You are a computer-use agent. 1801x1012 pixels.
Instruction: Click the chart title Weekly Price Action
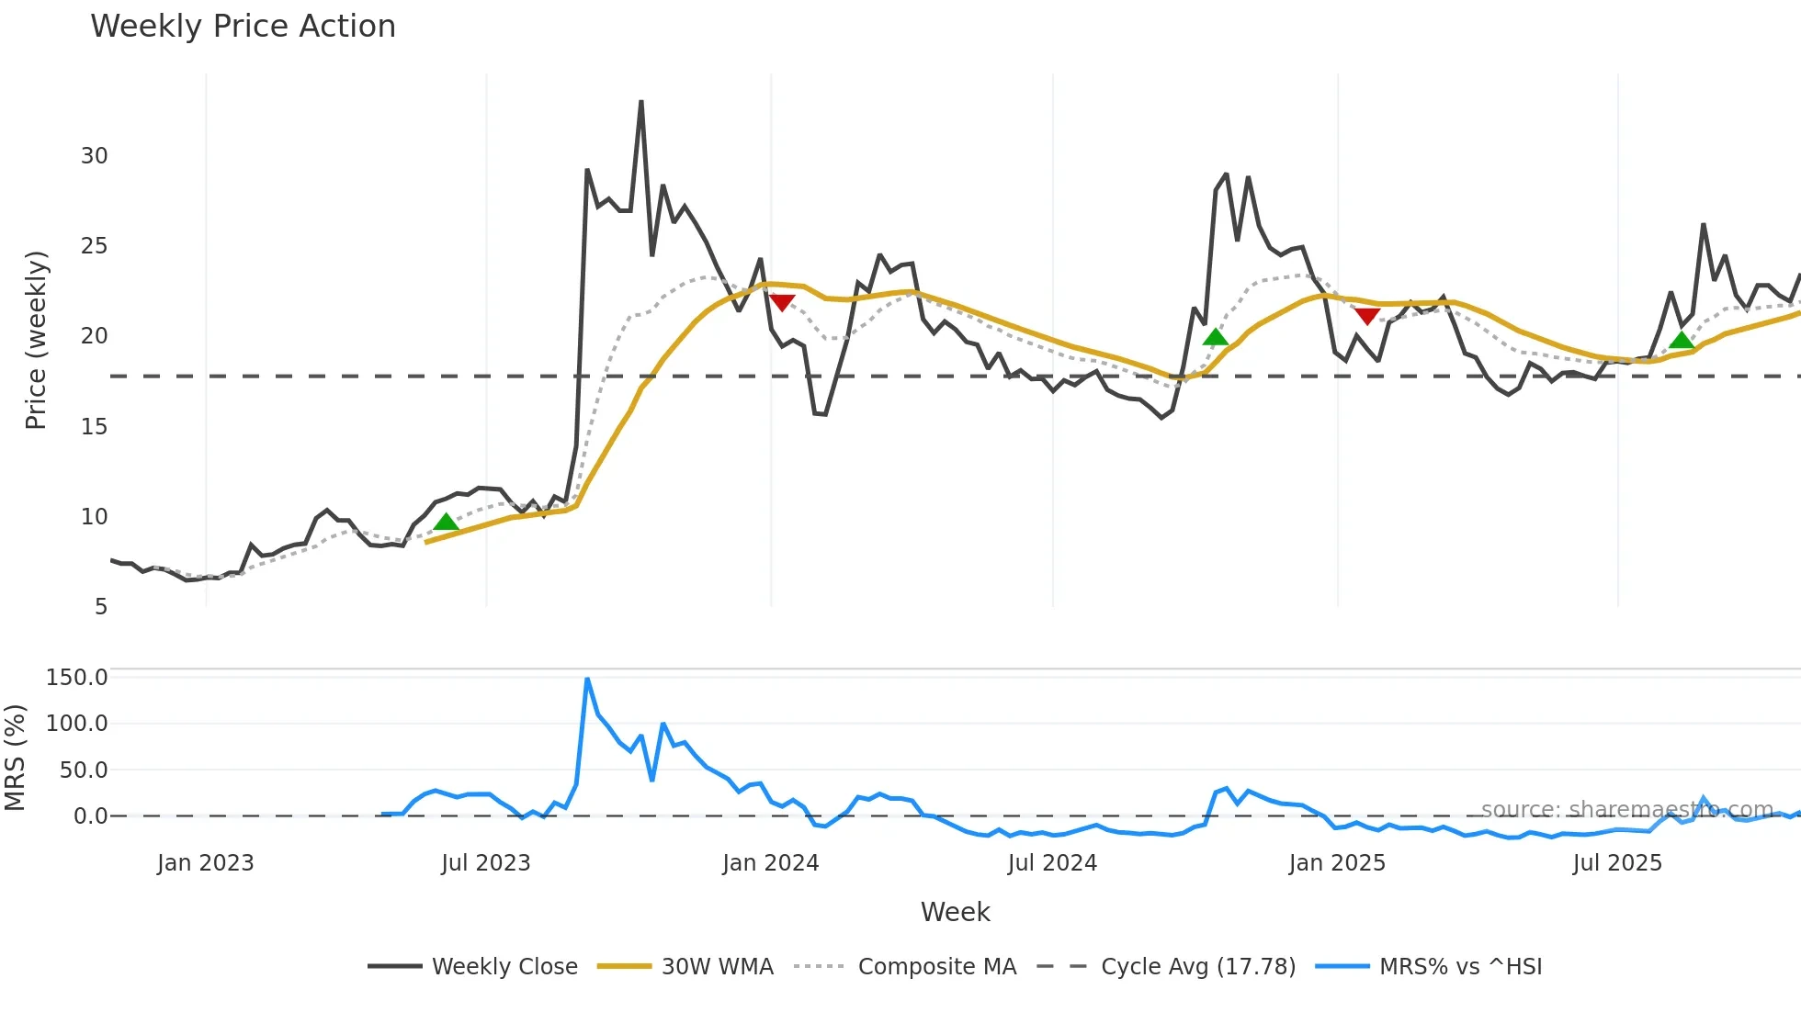click(243, 27)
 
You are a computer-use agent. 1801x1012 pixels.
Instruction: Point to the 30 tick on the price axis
click(95, 156)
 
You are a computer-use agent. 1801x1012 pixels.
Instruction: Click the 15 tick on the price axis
click(95, 427)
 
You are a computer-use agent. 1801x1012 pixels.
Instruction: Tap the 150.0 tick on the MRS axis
click(77, 678)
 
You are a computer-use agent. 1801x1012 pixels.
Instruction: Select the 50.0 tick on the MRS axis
click(84, 770)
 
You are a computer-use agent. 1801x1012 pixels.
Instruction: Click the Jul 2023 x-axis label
click(486, 863)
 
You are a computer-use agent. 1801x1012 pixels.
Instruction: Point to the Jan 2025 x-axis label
click(1337, 863)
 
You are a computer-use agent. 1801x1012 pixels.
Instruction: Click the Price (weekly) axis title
click(36, 340)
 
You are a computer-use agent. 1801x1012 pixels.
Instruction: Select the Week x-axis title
click(955, 912)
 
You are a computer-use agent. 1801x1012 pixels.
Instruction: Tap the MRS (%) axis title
click(15, 758)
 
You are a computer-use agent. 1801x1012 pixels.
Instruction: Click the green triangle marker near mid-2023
click(446, 522)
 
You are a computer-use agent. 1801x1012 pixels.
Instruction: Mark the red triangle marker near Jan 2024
click(782, 302)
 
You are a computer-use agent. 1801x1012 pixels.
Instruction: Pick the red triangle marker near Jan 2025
click(1367, 317)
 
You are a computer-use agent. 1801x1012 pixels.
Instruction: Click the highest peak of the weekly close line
click(641, 102)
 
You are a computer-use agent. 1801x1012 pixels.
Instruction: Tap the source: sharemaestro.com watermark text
click(1626, 809)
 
